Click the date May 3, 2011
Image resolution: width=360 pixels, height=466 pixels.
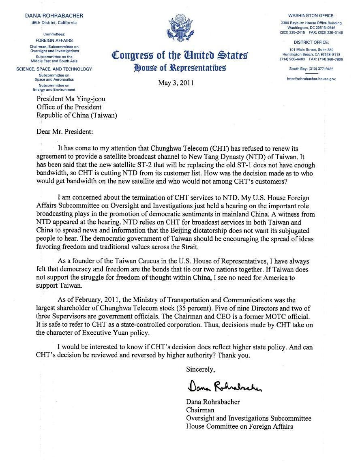coord(176,83)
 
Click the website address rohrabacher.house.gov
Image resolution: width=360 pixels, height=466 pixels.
coord(311,79)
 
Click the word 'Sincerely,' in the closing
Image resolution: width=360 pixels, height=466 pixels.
coord(200,369)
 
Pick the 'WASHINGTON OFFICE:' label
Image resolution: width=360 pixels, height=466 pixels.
coord(311,15)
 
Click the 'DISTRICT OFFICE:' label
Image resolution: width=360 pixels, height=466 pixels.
coord(311,42)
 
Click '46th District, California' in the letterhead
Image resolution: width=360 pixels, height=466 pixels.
coord(54,23)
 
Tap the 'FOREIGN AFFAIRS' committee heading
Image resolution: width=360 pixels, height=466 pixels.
coord(54,41)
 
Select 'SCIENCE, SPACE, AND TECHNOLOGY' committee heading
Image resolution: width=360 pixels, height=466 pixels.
coord(54,69)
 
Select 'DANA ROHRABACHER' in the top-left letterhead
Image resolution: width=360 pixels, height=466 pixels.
coord(54,16)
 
